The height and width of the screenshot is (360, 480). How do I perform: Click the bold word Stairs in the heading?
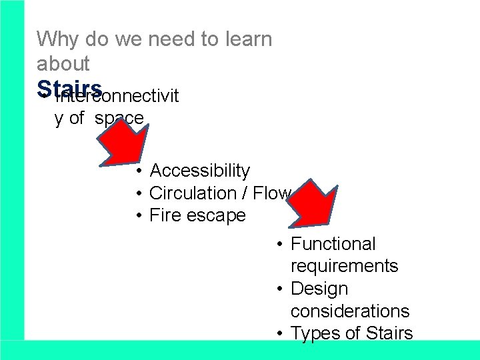pyautogui.click(x=69, y=89)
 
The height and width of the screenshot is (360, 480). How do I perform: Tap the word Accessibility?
pyautogui.click(x=200, y=171)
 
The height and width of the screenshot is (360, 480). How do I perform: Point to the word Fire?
pyautogui.click(x=164, y=216)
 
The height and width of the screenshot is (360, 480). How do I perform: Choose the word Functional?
pyautogui.click(x=333, y=245)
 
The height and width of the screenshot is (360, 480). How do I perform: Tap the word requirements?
pyautogui.click(x=345, y=267)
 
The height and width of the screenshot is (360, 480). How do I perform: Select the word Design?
pyautogui.click(x=320, y=289)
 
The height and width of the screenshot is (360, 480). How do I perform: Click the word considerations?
pyautogui.click(x=350, y=311)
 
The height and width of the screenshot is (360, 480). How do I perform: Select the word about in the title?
pyautogui.click(x=63, y=64)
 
